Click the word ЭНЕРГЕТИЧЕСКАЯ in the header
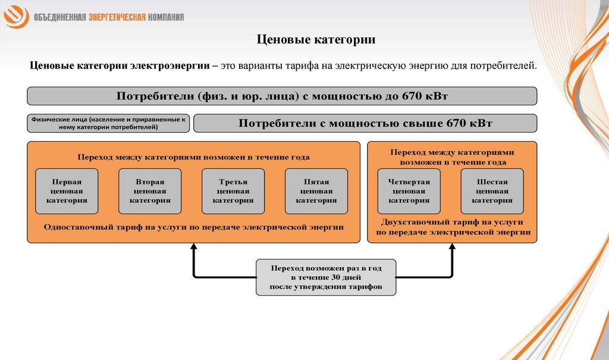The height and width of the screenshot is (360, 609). click(x=117, y=17)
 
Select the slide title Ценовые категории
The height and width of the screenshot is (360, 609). click(x=316, y=40)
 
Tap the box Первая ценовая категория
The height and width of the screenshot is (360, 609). click(x=67, y=191)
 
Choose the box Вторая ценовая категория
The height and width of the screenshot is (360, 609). click(x=150, y=191)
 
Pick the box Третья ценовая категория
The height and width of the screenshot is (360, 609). click(x=234, y=191)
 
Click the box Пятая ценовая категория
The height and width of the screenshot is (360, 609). click(x=317, y=191)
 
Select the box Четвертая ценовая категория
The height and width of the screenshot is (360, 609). click(x=409, y=191)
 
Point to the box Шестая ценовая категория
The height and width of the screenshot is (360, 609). click(x=492, y=191)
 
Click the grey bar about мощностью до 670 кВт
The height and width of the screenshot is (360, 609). click(x=282, y=96)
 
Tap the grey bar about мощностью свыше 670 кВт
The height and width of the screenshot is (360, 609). click(x=365, y=123)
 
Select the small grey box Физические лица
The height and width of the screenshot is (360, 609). click(x=108, y=123)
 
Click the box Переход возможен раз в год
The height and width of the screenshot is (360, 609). click(x=325, y=277)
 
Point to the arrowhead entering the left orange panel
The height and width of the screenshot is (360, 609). click(x=193, y=248)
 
